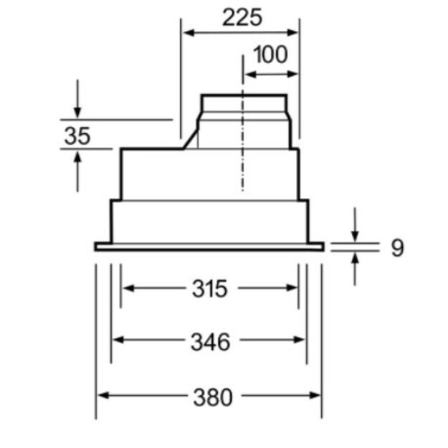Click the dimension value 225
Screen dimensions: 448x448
pyautogui.click(x=242, y=17)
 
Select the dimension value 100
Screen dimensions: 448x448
pyautogui.click(x=270, y=54)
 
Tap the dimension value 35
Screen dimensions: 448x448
pyautogui.click(x=77, y=135)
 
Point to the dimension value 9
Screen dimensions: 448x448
pyautogui.click(x=397, y=247)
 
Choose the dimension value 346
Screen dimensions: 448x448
pyautogui.click(x=210, y=342)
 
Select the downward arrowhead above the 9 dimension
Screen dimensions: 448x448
pyautogui.click(x=355, y=236)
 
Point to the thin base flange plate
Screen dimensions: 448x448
pyautogui.click(x=209, y=247)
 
